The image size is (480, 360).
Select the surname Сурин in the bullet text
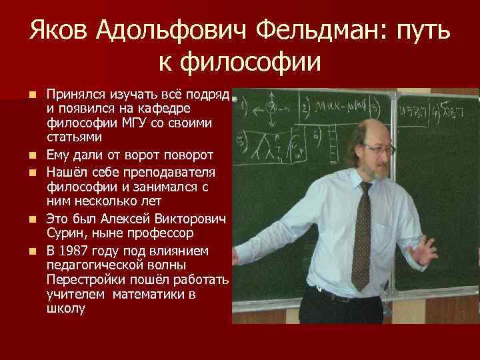click(64, 233)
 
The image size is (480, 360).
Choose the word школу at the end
click(66, 308)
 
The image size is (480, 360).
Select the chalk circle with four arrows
click(271, 107)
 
